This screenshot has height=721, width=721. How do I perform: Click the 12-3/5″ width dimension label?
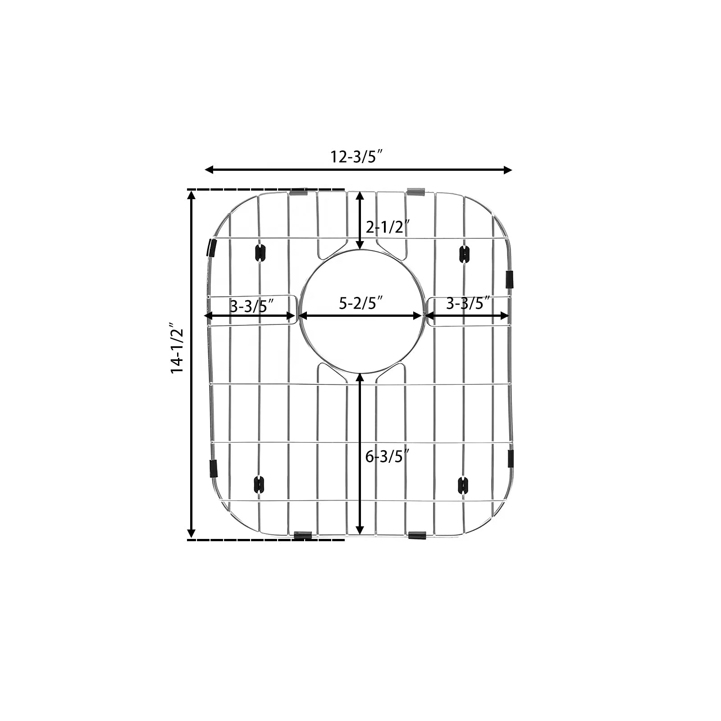tap(356, 157)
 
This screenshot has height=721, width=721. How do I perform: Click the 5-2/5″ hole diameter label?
tap(360, 303)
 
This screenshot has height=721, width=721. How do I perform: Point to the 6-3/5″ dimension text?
tap(387, 456)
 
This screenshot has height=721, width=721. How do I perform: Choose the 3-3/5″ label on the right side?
tap(468, 303)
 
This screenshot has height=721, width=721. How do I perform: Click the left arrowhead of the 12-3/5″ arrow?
tap(209, 169)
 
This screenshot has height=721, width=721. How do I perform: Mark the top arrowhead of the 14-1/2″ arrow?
tap(192, 195)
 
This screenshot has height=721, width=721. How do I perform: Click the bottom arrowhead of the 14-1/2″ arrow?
tap(192, 534)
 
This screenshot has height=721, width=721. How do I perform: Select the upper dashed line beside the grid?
tap(266, 189)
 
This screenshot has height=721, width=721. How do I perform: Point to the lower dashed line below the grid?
tap(266, 539)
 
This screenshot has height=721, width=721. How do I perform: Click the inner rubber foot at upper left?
tap(260, 253)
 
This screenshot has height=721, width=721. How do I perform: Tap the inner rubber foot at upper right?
tap(464, 254)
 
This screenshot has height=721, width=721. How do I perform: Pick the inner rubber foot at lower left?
tap(259, 484)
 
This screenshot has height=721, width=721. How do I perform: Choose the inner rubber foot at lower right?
tap(463, 485)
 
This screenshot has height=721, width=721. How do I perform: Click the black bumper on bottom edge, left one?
tap(302, 535)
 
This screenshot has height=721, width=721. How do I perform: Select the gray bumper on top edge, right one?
tap(415, 192)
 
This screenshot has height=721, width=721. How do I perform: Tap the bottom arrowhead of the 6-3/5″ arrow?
tap(360, 530)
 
